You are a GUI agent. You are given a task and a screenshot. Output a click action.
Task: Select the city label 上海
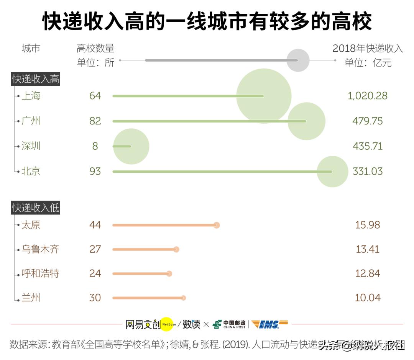click(31, 96)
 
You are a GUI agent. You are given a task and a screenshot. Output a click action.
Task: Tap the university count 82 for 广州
click(95, 121)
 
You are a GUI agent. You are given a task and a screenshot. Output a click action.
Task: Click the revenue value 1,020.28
click(367, 96)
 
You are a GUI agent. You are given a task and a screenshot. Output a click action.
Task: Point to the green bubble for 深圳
click(131, 146)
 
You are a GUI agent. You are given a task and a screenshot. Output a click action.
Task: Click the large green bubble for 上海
click(264, 96)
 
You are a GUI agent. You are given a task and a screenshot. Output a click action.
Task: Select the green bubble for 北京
click(332, 172)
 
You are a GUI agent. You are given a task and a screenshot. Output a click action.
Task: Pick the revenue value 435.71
click(367, 146)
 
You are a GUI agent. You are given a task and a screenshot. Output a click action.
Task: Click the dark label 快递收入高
click(36, 79)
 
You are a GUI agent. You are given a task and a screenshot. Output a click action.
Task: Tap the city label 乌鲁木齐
click(40, 249)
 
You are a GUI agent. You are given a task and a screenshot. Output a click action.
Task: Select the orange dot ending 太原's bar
click(217, 225)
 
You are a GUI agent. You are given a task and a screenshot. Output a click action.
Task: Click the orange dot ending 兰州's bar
click(183, 298)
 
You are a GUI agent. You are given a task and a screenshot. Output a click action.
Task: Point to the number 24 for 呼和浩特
click(95, 273)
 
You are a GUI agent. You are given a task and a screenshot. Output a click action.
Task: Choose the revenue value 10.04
click(367, 298)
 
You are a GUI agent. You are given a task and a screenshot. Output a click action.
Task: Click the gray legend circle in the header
click(298, 61)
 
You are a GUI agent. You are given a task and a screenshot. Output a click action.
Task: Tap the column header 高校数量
click(95, 49)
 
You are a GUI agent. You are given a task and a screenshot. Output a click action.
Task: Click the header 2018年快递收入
click(368, 49)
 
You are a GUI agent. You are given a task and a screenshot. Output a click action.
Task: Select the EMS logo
click(269, 324)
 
